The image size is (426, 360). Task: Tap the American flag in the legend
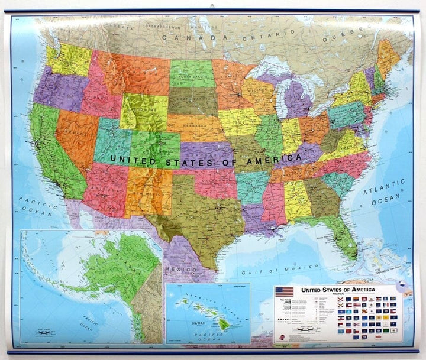coord(285,291)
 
